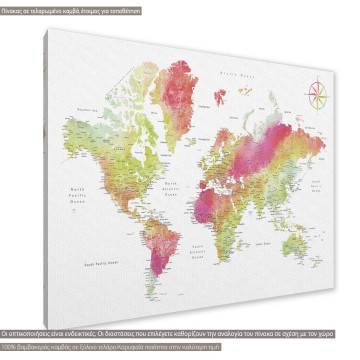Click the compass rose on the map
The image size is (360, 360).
pyautogui.click(x=320, y=95)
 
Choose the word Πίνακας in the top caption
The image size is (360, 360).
pyautogui.click(x=16, y=6)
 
